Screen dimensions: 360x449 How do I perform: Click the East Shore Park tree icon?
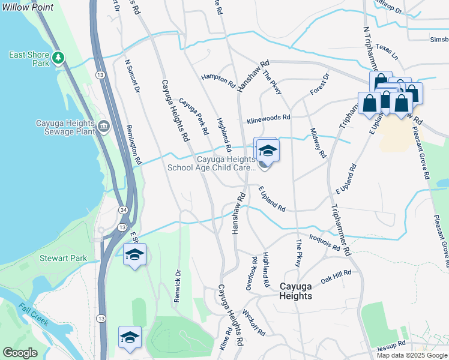(x=58, y=58)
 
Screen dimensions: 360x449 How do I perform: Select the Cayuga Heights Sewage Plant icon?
(x=104, y=126)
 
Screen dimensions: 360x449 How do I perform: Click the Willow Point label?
(x=27, y=8)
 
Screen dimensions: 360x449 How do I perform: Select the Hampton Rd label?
(x=218, y=80)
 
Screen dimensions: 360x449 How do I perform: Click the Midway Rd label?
(x=318, y=143)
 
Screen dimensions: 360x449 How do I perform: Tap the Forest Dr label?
(x=320, y=84)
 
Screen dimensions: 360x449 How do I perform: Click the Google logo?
(x=20, y=353)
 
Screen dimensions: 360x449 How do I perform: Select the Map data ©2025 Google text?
(x=412, y=355)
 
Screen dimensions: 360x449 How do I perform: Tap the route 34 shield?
(x=123, y=210)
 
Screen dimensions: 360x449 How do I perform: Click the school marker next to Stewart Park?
(x=135, y=255)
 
